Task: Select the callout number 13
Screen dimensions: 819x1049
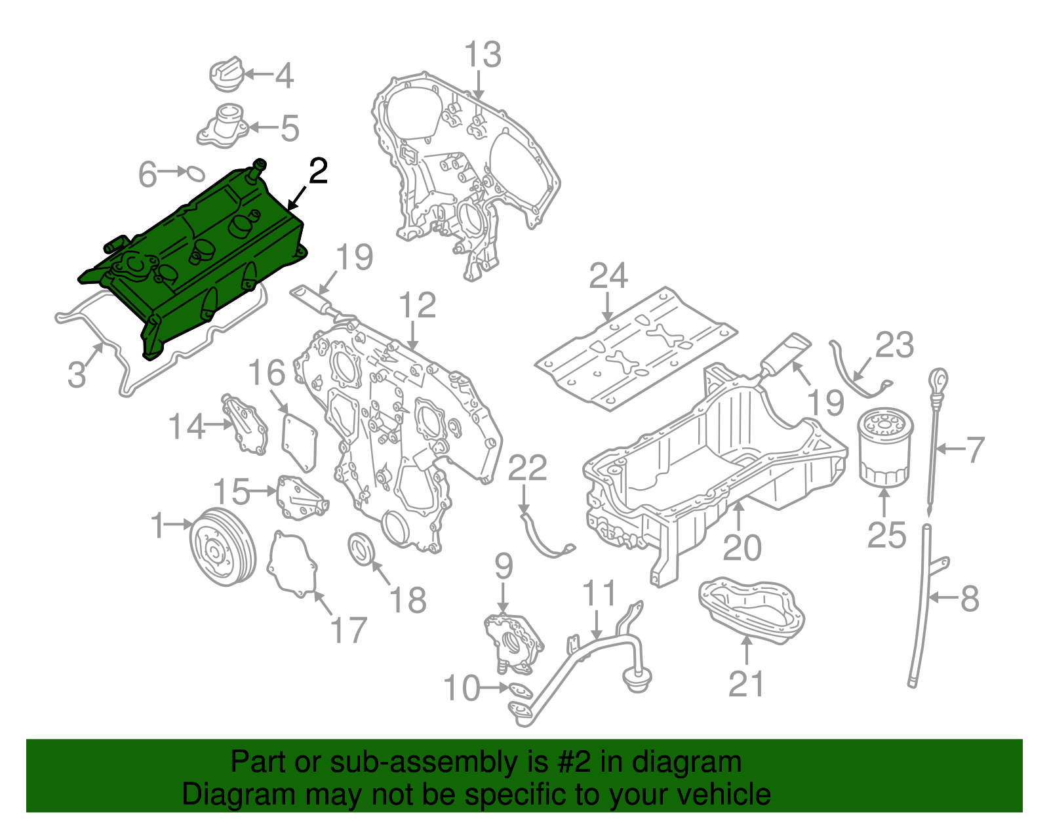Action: [x=483, y=55]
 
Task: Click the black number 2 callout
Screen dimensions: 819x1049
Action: [x=317, y=172]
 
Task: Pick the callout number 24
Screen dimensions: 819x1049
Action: [x=608, y=276]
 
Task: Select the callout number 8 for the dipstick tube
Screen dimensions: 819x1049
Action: [x=969, y=598]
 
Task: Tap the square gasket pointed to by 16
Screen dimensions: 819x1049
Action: [x=299, y=440]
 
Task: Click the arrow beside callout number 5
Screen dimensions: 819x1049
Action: [x=262, y=127]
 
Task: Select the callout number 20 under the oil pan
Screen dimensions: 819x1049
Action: [x=742, y=548]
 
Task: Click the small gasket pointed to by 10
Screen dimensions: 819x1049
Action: [x=519, y=690]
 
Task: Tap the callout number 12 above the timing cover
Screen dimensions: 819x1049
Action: [x=417, y=306]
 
